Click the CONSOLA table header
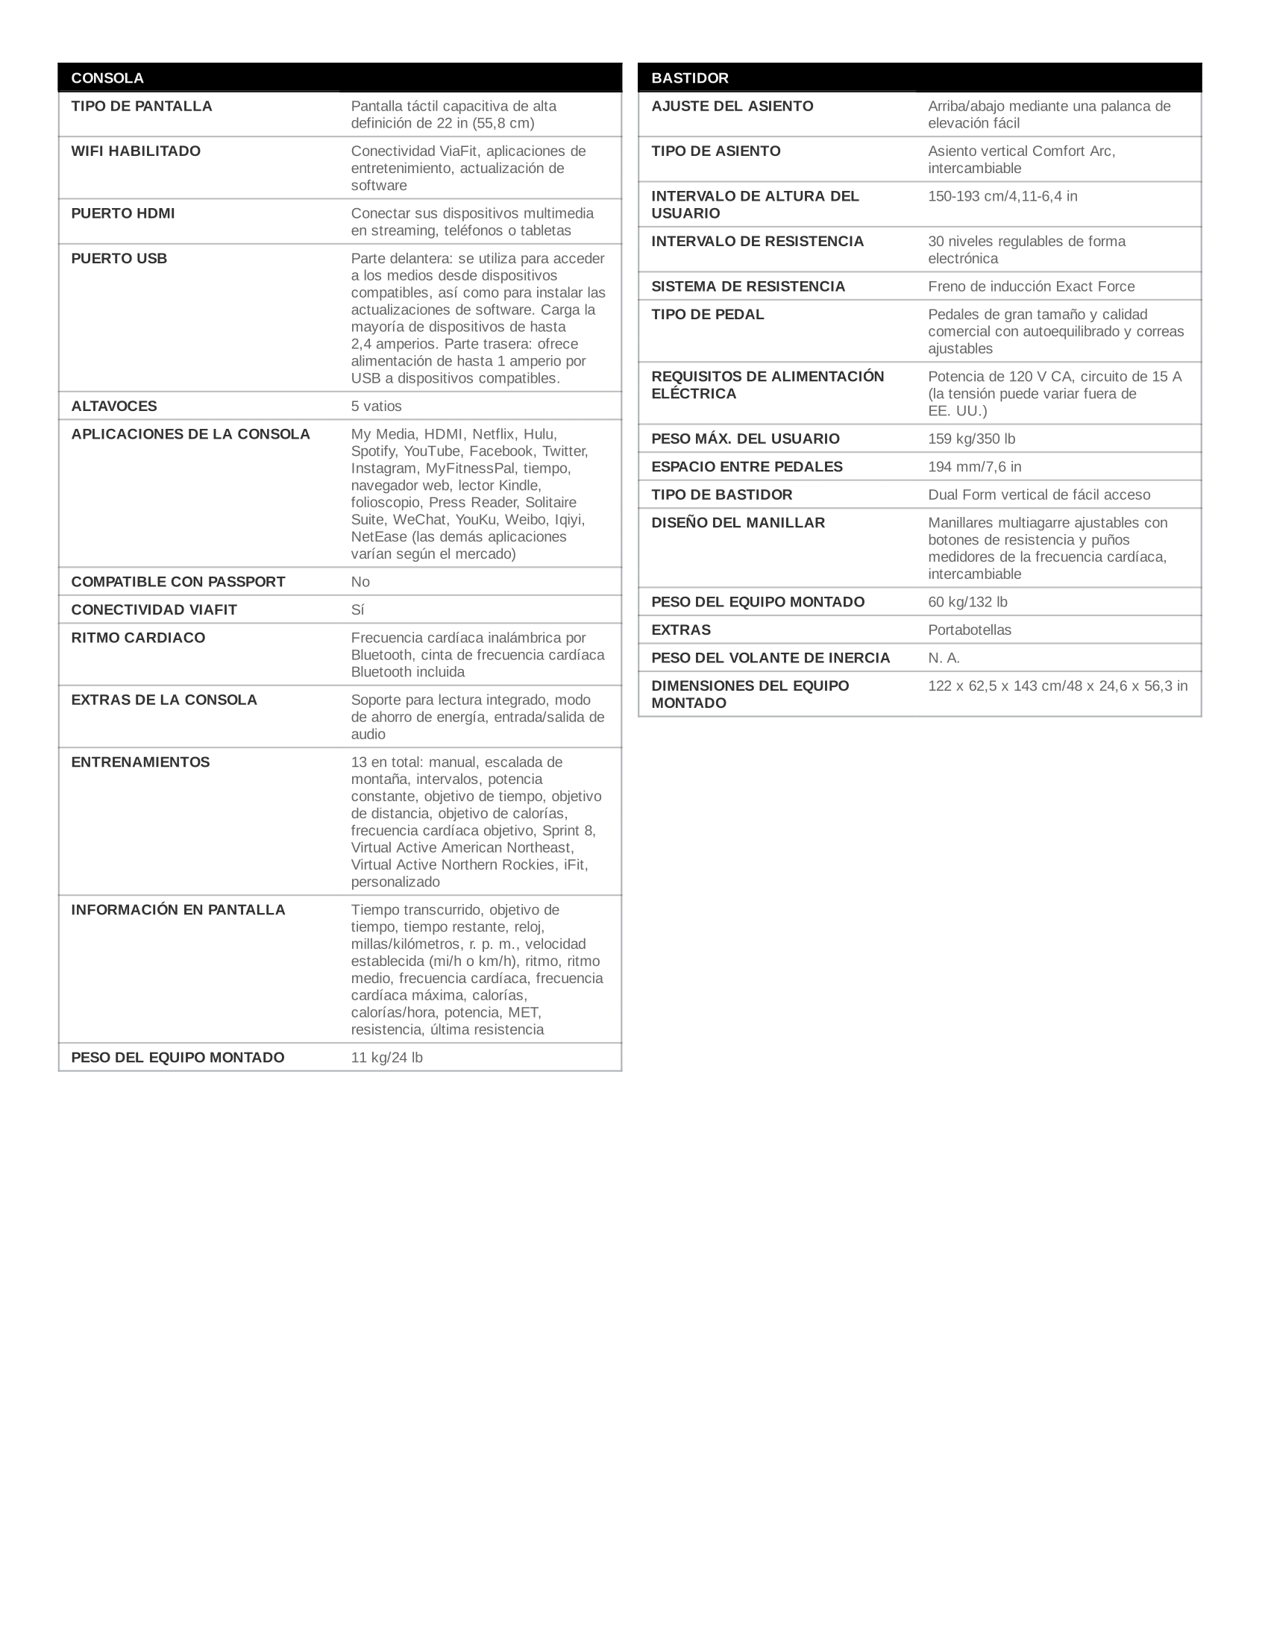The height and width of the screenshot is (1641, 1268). pos(107,78)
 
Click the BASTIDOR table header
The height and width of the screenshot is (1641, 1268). pos(690,78)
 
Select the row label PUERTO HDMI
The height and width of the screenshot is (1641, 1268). pos(122,213)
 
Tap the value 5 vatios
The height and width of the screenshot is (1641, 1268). pos(377,407)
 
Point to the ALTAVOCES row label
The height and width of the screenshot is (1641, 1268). pos(114,407)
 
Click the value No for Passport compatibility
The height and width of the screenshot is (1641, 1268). pos(360,583)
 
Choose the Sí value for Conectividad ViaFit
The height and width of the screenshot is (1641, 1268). pos(357,610)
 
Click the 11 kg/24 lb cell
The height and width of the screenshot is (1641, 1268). pos(387,1058)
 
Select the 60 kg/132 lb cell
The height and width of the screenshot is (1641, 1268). pos(967,603)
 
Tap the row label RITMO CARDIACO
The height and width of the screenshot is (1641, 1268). pos(138,638)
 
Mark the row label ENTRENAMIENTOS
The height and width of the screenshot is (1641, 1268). pos(140,762)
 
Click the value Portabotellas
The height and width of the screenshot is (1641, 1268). pos(970,630)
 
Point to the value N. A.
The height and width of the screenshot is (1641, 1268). pos(944,658)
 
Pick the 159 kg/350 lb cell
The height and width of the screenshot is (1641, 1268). pos(971,439)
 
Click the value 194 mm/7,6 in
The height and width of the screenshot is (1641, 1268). pos(974,467)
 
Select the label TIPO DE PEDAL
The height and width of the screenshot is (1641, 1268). pos(708,315)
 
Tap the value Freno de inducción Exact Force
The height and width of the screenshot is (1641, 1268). pos(1032,286)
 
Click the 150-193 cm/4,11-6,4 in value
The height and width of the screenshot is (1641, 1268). pos(1002,197)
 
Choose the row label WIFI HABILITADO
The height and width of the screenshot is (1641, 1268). pos(136,151)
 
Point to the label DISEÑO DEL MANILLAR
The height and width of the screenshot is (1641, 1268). pos(738,523)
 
